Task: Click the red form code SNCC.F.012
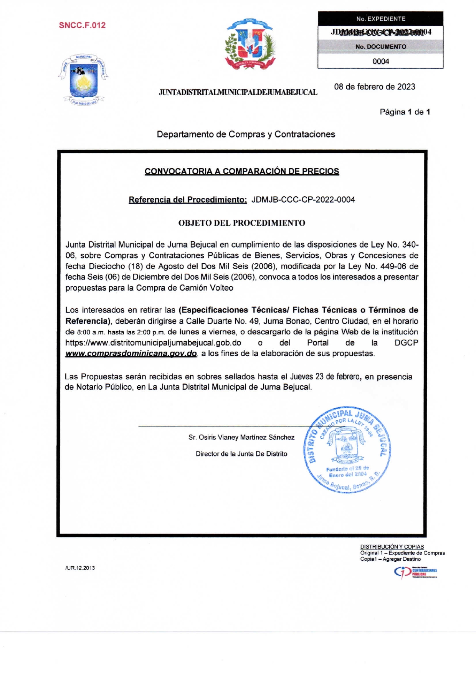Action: click(82, 25)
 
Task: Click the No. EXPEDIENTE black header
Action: click(380, 18)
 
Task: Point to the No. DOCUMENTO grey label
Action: click(380, 46)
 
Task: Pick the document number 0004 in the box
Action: click(380, 61)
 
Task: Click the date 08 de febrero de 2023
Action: click(374, 87)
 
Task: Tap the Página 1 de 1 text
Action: click(405, 112)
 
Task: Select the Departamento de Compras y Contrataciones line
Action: click(246, 134)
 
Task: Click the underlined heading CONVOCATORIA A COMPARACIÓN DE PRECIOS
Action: click(241, 171)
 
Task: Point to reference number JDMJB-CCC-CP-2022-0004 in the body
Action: click(303, 200)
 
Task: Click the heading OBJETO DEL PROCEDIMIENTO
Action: click(241, 223)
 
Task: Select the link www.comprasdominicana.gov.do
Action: click(131, 354)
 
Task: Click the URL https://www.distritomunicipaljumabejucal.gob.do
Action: click(153, 343)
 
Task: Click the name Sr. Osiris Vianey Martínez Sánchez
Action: click(241, 437)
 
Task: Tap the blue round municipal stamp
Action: click(347, 450)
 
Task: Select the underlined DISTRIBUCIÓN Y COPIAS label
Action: click(392, 547)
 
